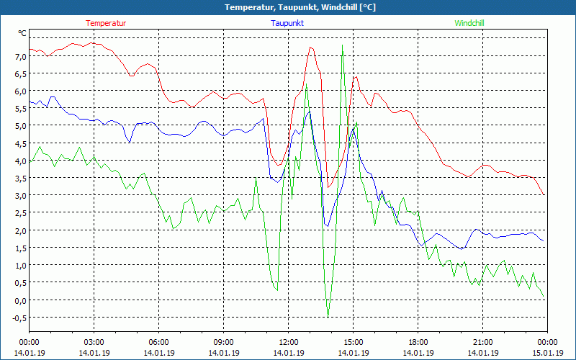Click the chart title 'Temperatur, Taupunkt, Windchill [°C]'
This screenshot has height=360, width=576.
(288, 7)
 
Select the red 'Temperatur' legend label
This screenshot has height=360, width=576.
(106, 23)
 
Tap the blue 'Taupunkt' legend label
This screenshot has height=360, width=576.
(287, 23)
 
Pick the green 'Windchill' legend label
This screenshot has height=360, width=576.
(469, 23)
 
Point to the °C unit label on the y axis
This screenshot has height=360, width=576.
(22, 33)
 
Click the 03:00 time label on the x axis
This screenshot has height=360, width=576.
(94, 342)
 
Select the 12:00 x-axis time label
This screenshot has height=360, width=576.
(289, 342)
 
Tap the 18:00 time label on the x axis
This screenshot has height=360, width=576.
(418, 342)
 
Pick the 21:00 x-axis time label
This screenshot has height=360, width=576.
(483, 342)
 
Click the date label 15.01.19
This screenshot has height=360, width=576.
(547, 353)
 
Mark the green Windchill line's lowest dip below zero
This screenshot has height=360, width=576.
(328, 315)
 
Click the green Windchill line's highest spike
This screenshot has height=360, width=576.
(342, 45)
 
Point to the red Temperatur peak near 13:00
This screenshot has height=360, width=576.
(310, 48)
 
